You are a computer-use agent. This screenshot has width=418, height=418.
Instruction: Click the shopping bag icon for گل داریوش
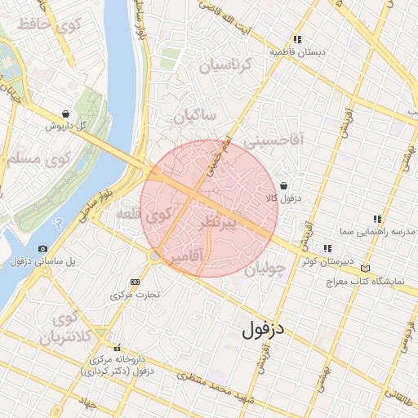(x=65, y=114)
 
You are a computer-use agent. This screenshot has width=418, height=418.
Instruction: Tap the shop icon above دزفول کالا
(x=282, y=186)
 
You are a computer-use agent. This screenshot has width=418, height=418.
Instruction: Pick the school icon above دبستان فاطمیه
(x=298, y=39)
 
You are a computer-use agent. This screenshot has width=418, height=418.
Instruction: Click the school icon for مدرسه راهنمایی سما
(x=376, y=220)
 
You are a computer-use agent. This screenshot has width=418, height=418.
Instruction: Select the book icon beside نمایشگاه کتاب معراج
(x=365, y=269)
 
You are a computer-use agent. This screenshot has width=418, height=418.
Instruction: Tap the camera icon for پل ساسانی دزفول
(x=42, y=248)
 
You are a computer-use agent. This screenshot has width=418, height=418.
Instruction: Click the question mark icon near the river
(x=57, y=222)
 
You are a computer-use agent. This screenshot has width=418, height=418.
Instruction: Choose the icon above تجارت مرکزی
(x=136, y=281)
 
